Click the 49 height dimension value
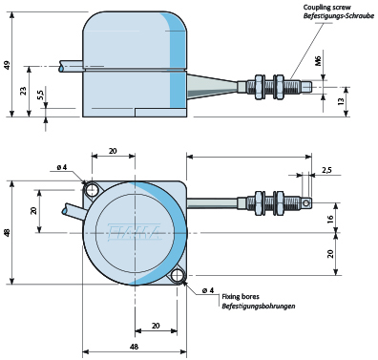[x=8, y=65]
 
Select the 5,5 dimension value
[x=41, y=95]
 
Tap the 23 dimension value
[x=23, y=92]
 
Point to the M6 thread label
[x=319, y=61]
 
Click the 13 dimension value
[x=341, y=101]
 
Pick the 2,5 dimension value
[x=326, y=170]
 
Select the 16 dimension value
[x=330, y=219]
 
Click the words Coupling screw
[x=327, y=7]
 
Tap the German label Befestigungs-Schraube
[x=339, y=16]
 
